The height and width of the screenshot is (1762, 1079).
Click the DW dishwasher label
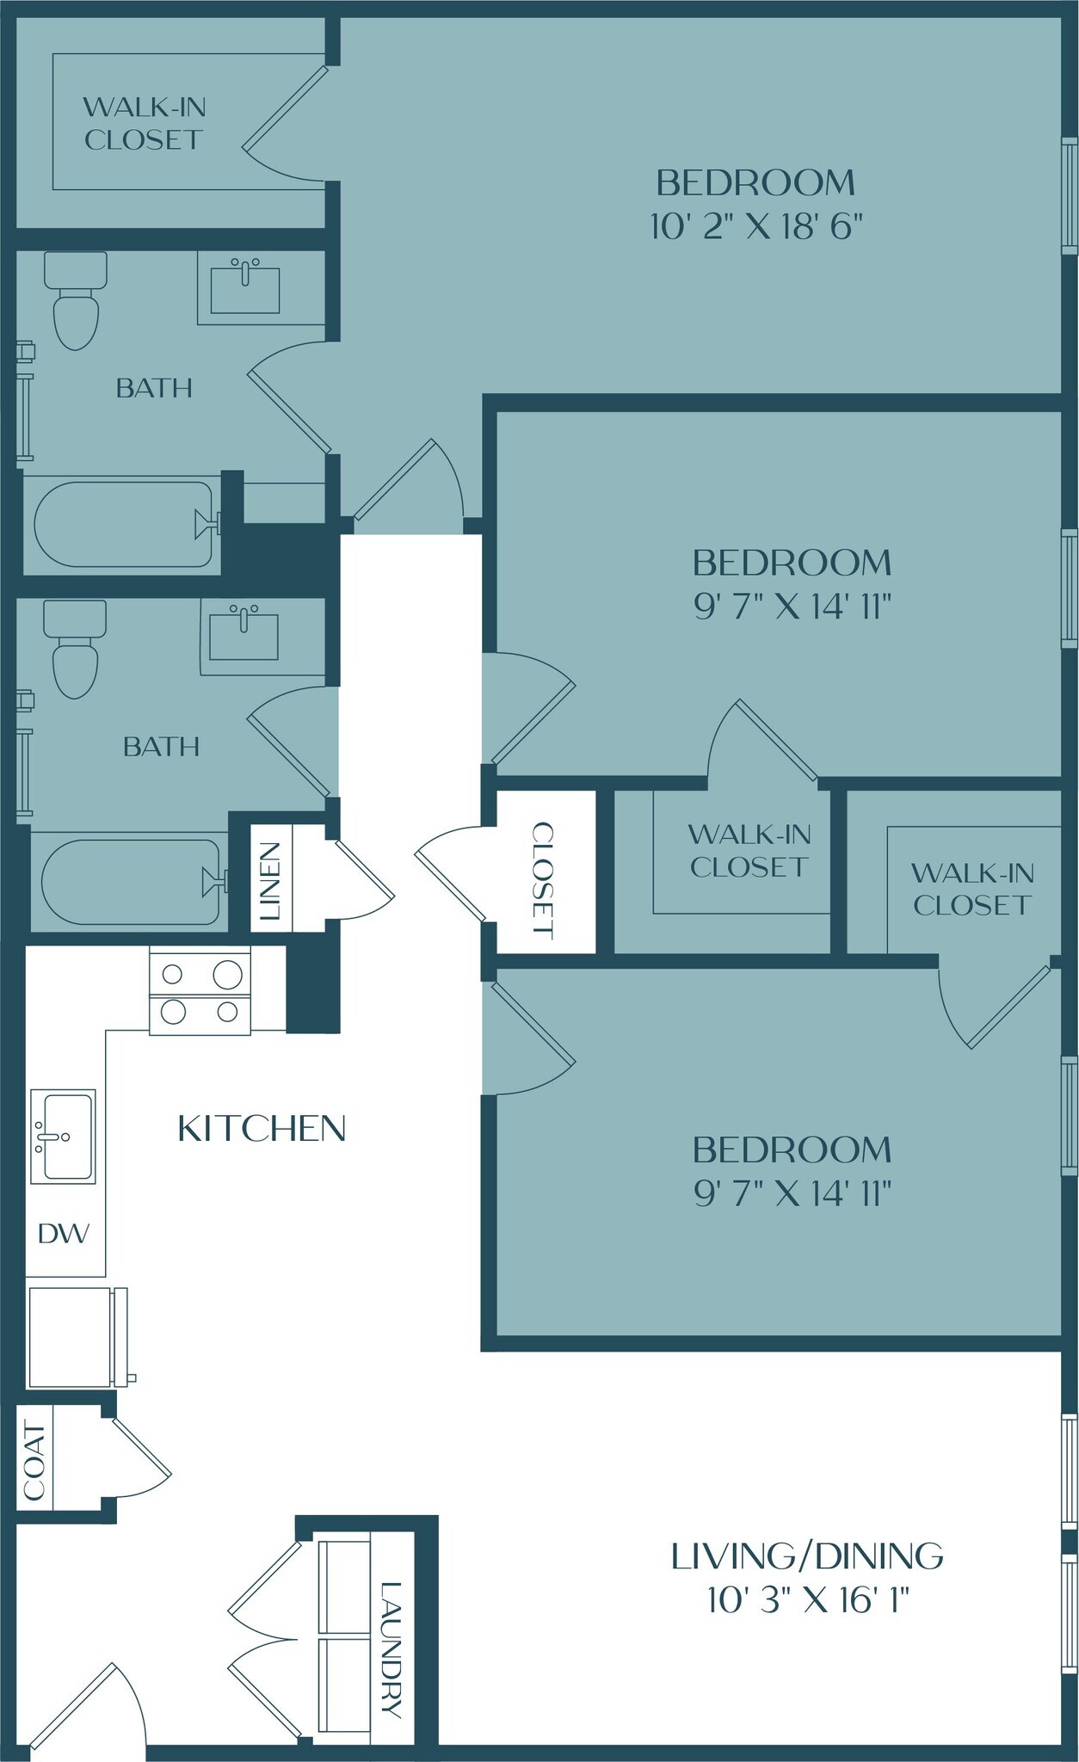[x=64, y=1234]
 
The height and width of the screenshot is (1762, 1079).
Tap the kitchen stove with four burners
[x=200, y=990]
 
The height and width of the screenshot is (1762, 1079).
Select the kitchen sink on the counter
[x=64, y=1137]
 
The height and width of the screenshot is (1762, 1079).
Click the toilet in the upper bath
[x=76, y=302]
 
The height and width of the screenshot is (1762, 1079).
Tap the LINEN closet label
[x=271, y=880]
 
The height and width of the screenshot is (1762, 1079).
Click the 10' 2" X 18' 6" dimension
[x=756, y=227]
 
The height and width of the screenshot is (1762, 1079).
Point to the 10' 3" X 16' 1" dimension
[x=808, y=1601]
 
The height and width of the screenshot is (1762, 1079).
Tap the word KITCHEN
[x=262, y=1129]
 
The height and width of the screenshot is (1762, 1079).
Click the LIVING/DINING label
[x=806, y=1556]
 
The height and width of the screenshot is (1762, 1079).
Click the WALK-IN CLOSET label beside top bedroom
[x=144, y=123]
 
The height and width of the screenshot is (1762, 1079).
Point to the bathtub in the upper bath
[x=123, y=525]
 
